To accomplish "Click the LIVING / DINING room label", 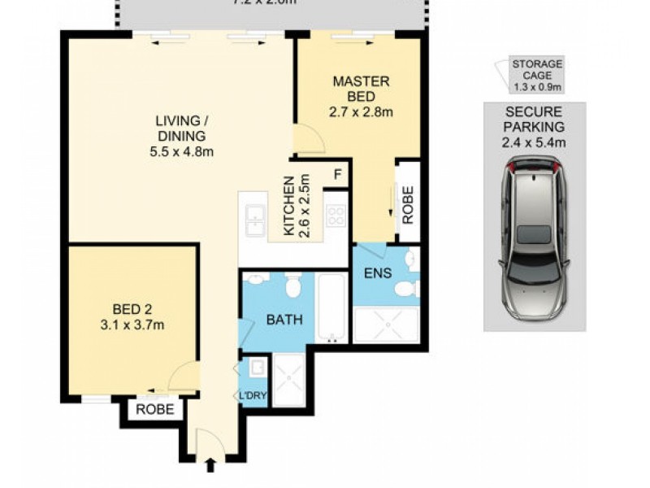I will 180,129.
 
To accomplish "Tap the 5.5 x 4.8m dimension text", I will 180,151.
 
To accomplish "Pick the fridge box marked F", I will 337,174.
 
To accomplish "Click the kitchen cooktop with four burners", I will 335,216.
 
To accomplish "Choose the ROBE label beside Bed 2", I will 154,409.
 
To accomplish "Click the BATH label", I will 284,320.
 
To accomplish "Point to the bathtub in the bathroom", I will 331,309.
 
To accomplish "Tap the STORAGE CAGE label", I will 537,70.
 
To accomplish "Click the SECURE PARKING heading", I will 535,120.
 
